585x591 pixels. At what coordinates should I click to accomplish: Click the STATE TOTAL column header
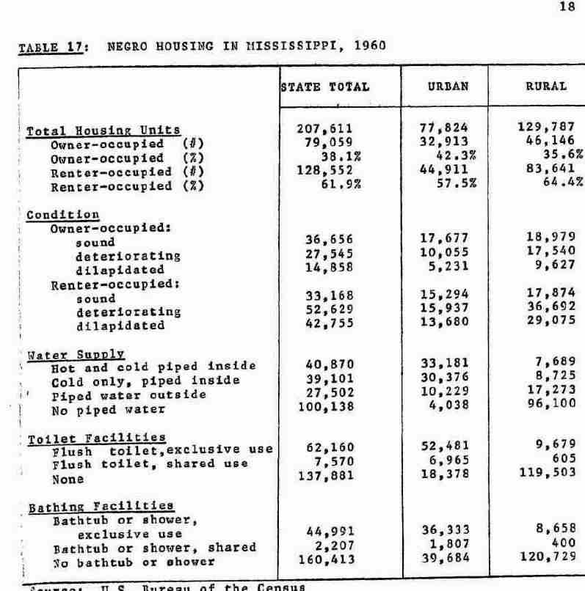point(325,87)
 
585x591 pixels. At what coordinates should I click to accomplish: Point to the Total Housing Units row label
point(103,131)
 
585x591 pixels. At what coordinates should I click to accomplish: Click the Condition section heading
point(62,215)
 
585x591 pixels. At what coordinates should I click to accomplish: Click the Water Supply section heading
point(76,354)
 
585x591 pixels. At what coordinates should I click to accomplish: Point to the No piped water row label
point(98,410)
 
